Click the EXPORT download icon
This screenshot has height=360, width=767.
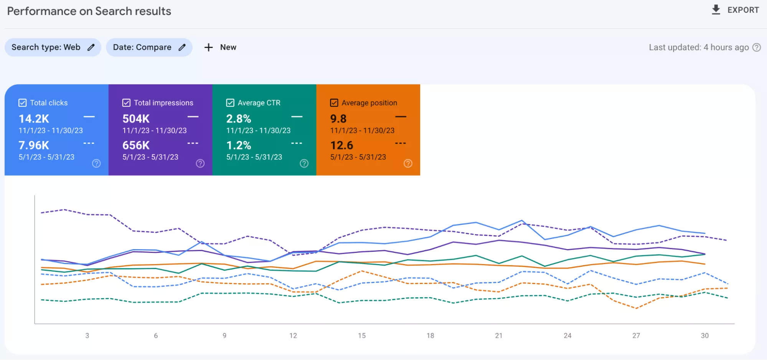[716, 10]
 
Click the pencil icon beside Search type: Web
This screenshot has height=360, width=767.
[91, 47]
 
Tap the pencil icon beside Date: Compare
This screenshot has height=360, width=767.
[182, 47]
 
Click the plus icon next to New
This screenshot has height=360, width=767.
[208, 47]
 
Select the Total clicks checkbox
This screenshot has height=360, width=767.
[23, 103]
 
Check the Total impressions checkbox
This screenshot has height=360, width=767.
[126, 103]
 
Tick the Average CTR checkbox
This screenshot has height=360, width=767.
[230, 103]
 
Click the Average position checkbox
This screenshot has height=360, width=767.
[334, 103]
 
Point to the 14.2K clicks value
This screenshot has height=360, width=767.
[34, 119]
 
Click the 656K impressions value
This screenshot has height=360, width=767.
[136, 145]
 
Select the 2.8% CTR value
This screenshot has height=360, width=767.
[239, 119]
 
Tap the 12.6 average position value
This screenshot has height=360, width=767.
[341, 145]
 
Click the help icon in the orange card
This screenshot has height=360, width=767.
[408, 163]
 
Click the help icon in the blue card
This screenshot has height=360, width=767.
[96, 163]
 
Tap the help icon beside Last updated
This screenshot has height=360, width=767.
[757, 47]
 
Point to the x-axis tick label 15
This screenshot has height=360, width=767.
[362, 336]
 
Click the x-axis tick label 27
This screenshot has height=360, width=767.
[636, 336]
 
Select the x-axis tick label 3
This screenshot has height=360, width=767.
[87, 336]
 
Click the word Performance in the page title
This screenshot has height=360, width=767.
[42, 11]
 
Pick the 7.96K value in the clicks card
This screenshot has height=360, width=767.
[34, 145]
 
